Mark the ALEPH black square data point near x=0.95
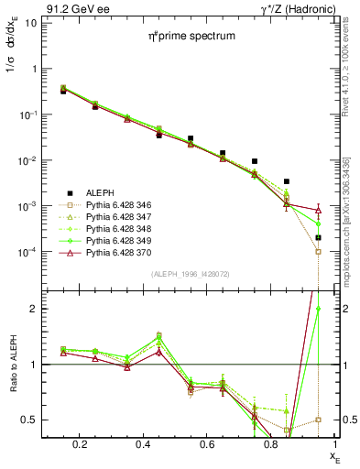(x=318, y=237)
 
